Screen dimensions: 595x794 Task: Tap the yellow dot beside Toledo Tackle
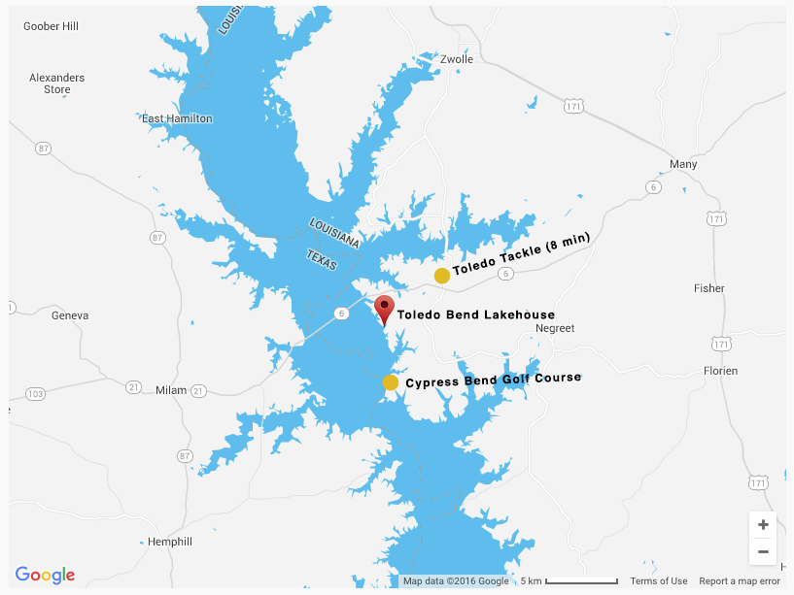point(441,276)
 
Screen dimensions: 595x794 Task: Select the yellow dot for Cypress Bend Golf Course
point(391,382)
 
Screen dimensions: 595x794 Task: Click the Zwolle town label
point(457,59)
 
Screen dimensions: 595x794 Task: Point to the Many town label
point(683,164)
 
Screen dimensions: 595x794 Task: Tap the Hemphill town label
point(170,542)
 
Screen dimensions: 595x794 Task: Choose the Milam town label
point(170,390)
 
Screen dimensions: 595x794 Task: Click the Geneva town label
point(70,315)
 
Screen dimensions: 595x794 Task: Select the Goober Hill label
point(51,26)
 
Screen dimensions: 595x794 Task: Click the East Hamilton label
point(177,118)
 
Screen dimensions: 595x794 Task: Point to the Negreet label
point(555,328)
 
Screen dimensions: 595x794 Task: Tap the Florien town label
point(720,371)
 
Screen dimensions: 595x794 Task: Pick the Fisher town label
point(709,288)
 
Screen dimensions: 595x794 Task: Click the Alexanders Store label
point(57,83)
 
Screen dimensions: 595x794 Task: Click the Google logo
point(45,575)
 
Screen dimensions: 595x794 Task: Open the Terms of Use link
point(658,581)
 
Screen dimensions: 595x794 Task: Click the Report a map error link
point(739,581)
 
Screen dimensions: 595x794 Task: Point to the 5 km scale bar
point(581,581)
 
